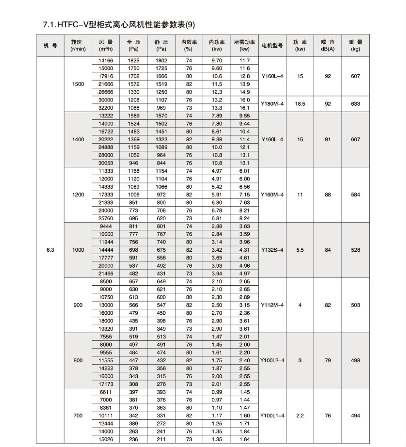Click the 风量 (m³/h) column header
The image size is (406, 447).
click(x=106, y=46)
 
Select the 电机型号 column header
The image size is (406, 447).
click(x=272, y=46)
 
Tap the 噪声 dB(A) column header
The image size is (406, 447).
click(x=328, y=46)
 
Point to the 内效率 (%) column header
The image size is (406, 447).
click(x=189, y=46)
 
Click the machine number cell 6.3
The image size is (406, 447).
click(x=50, y=250)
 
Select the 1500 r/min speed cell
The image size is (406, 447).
click(x=78, y=84)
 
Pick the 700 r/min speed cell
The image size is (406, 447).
click(x=78, y=416)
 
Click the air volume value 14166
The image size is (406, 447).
click(x=106, y=61)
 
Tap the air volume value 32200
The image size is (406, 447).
click(x=106, y=108)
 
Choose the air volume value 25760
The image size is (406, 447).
click(x=106, y=219)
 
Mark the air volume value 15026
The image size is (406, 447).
click(x=106, y=439)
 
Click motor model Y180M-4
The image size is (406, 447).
click(x=272, y=104)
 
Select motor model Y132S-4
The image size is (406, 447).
click(x=272, y=250)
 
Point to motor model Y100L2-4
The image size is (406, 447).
click(x=272, y=361)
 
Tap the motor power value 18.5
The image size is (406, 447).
click(x=300, y=104)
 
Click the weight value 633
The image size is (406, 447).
click(x=355, y=104)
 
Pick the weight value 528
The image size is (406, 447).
click(x=355, y=250)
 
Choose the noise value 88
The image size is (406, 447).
click(x=328, y=195)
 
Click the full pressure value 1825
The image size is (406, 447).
click(x=133, y=61)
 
